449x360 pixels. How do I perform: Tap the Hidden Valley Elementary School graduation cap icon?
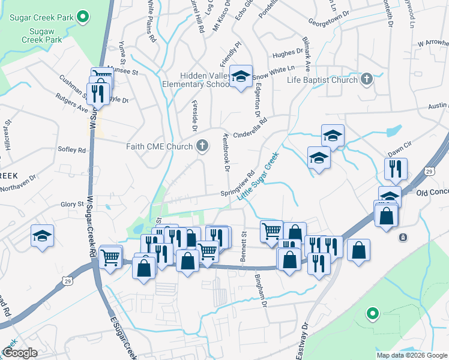[241, 76]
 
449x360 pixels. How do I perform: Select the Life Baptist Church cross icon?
[366, 79]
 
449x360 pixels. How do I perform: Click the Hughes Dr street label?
[288, 53]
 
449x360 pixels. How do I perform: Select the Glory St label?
[71, 205]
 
